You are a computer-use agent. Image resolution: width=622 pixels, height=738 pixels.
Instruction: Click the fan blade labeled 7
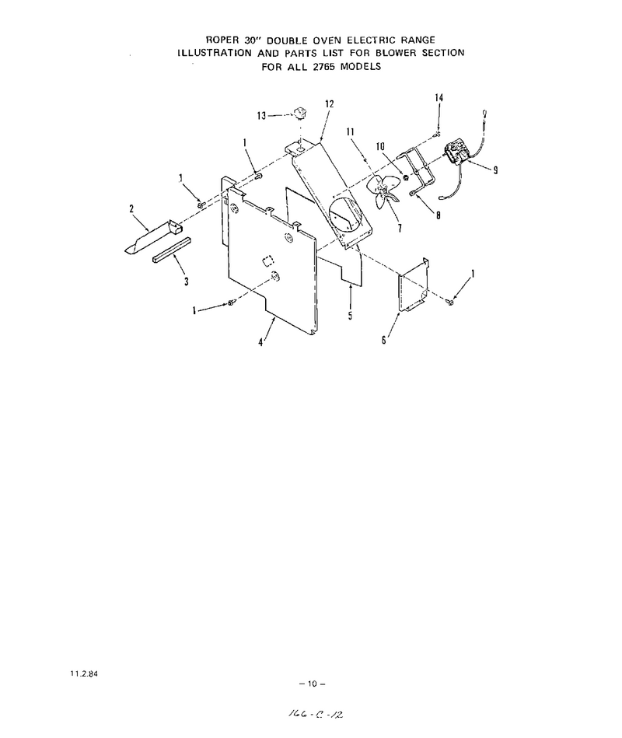coord(383,192)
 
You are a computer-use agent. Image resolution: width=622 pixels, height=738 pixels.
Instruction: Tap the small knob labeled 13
coord(299,113)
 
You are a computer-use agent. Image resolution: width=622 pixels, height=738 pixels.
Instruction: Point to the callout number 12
coord(330,104)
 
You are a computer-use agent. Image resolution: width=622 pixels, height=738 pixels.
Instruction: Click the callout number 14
coord(439,98)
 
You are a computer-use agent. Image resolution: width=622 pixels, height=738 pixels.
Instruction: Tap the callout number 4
coord(260,342)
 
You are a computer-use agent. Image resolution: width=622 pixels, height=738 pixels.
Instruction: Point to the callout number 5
coord(350,316)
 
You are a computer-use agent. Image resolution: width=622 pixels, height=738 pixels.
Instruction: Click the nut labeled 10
coord(404,177)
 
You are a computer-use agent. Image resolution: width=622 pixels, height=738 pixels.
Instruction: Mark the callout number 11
coord(350,131)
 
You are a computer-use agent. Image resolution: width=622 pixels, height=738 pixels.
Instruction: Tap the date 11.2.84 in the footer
coord(84,673)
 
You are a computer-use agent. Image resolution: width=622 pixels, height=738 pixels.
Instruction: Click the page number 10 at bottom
coord(313,684)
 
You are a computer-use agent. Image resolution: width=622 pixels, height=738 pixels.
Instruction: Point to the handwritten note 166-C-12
coord(315,714)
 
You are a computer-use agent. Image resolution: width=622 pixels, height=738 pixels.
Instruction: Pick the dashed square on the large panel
coord(267,261)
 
